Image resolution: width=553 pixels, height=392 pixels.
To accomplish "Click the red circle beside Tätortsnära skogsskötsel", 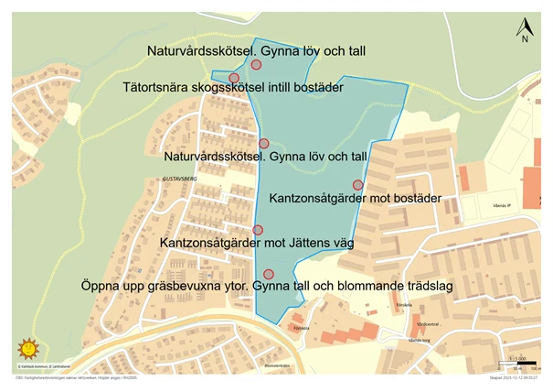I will tap(234, 78).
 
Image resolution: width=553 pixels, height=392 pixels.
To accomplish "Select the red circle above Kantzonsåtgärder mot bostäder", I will tap(357, 185).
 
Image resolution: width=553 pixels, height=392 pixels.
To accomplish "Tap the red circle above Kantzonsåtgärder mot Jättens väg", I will tap(258, 230).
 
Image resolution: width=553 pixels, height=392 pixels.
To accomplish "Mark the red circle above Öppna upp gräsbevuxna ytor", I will tap(268, 274).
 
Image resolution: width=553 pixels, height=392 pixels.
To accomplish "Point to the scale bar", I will tap(516, 365).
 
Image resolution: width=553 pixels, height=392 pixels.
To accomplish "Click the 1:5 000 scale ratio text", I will tap(517, 357).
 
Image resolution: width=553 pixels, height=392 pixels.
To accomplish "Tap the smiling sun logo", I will tap(27, 349).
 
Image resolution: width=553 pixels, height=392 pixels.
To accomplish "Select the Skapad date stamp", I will tap(515, 376).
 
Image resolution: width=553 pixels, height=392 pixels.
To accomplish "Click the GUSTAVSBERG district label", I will tap(178, 180).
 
